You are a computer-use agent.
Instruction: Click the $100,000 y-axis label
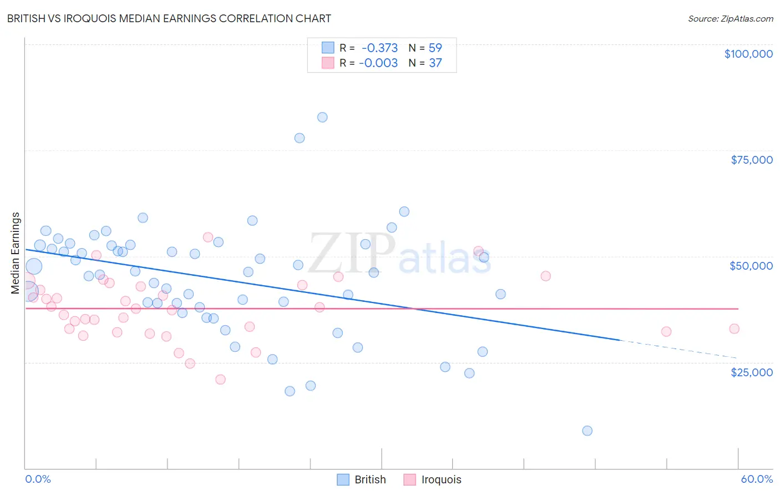pos(748,54)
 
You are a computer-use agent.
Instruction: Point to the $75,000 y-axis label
pos(751,160)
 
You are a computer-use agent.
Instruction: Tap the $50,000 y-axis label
pos(751,266)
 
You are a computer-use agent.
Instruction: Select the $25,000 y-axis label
pos(751,372)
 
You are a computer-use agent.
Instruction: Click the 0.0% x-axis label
pos(38,479)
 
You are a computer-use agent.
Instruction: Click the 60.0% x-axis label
pos(756,479)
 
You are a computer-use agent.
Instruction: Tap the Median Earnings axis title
pos(15,252)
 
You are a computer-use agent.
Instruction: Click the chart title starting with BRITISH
pos(169,18)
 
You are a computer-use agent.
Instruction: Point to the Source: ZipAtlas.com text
pos(730,18)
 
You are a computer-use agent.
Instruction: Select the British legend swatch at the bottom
pos(343,479)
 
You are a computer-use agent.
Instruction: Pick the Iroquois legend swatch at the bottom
pos(410,479)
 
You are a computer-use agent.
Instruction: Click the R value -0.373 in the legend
pos(379,48)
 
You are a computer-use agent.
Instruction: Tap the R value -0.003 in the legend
pos(378,63)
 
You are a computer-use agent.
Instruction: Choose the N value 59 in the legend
pos(435,48)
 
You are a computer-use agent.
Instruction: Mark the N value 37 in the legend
pos(435,63)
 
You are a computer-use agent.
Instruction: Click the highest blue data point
pos(322,117)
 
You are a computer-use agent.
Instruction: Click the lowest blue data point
pos(587,431)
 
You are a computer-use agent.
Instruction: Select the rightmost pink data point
pos(734,329)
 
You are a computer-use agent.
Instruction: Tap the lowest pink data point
pos(220,380)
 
